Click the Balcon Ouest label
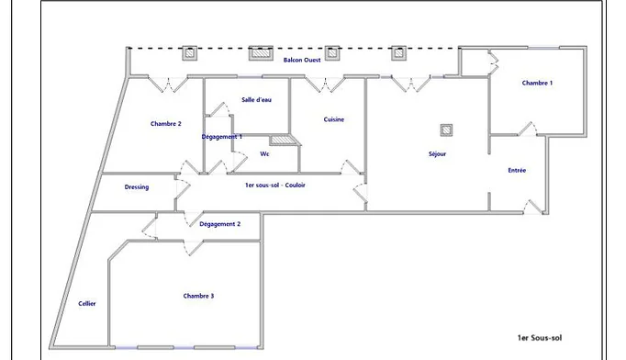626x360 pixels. [x=302, y=60]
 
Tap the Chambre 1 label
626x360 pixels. [x=537, y=83]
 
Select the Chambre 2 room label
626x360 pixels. [x=166, y=124]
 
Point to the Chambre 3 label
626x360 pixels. [x=198, y=296]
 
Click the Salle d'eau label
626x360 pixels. [x=256, y=100]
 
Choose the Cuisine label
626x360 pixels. [x=334, y=119]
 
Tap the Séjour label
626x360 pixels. [x=437, y=154]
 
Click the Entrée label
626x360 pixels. [x=517, y=170]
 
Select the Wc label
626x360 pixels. [x=264, y=154]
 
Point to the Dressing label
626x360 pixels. [x=137, y=187]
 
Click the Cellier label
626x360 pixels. [x=87, y=304]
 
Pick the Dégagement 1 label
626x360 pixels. [x=221, y=137]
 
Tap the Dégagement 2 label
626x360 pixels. [x=220, y=224]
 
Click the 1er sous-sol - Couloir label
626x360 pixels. [x=275, y=185]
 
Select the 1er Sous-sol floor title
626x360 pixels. [x=540, y=338]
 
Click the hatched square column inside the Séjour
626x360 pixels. [x=446, y=129]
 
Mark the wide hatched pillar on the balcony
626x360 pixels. [x=261, y=53]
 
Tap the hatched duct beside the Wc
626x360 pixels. [x=285, y=140]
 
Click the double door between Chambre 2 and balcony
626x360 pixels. [x=168, y=84]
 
